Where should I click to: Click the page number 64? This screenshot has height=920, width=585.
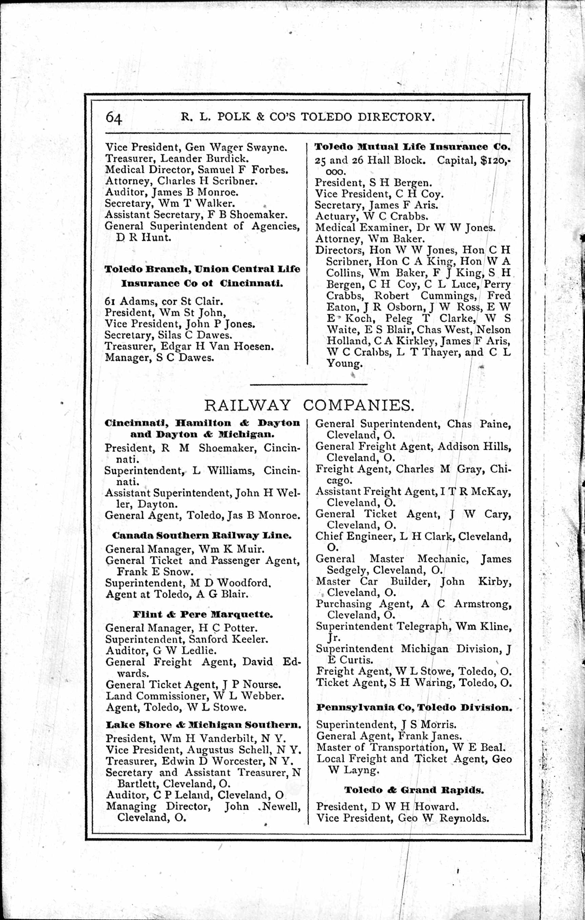coord(114,117)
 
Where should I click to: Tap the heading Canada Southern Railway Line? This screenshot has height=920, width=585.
coord(198,536)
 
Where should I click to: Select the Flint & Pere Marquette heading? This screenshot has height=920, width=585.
coord(203,615)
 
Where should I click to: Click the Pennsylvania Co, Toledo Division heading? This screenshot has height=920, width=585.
coord(414,707)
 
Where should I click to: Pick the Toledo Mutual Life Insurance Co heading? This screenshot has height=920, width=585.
coord(412,147)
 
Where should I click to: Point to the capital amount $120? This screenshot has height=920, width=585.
coord(494,161)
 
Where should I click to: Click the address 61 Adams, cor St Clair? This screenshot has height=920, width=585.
coord(164,302)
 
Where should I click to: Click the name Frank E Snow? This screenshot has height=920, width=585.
coord(154,572)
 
